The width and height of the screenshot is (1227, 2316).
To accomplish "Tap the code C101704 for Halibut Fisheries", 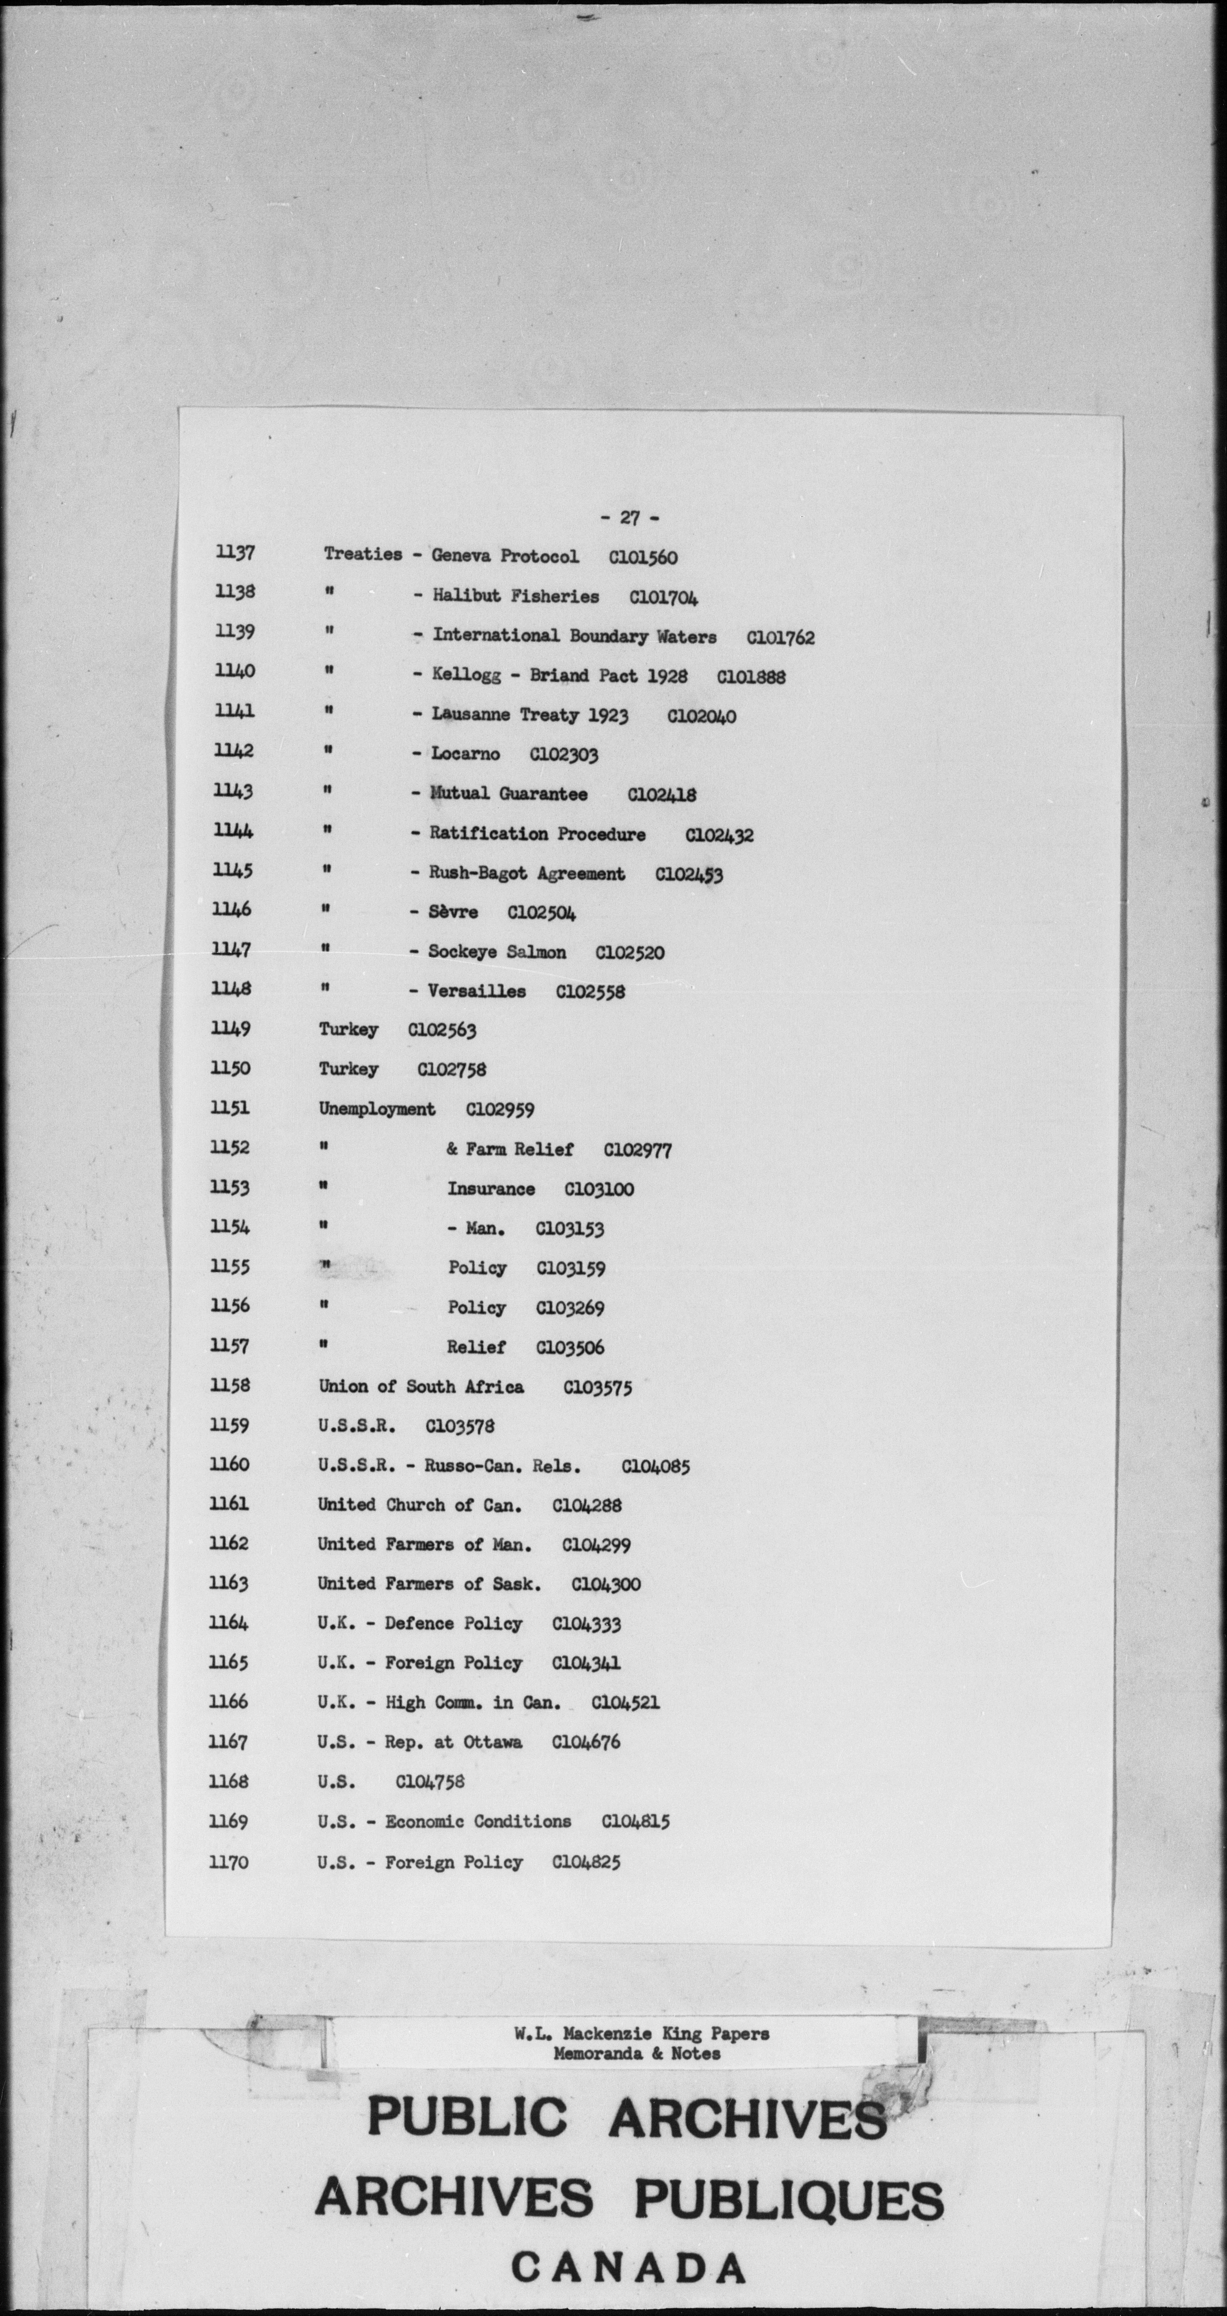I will tap(664, 597).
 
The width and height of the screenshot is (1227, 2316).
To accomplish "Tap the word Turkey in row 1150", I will tap(348, 1069).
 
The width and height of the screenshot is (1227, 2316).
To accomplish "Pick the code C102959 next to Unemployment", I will tap(499, 1109).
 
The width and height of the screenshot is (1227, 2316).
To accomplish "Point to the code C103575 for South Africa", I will tap(597, 1387).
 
